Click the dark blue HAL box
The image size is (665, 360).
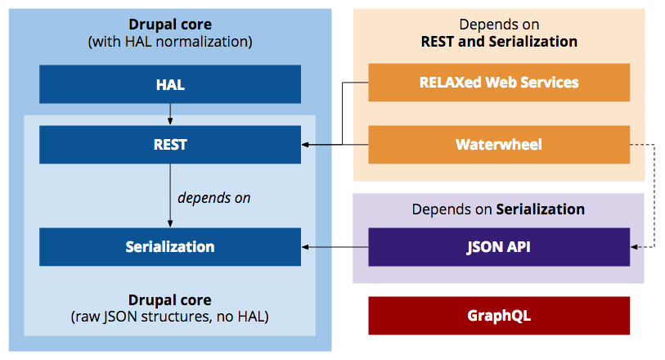tap(170, 83)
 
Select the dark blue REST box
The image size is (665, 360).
tap(170, 145)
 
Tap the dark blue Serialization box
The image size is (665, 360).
tap(170, 246)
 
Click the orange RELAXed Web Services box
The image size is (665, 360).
tap(499, 82)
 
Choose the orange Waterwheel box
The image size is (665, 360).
tap(499, 145)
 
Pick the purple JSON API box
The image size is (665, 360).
tap(499, 246)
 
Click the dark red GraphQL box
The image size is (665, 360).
tap(499, 315)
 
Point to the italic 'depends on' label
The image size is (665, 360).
tap(213, 198)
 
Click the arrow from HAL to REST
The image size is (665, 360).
tap(170, 112)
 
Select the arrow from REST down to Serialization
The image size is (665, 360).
tap(170, 195)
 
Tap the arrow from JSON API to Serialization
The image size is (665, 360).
tap(335, 246)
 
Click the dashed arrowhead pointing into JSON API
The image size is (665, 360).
tap(635, 246)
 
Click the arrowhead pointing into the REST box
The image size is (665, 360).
tap(306, 146)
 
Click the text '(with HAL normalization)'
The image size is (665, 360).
tap(170, 41)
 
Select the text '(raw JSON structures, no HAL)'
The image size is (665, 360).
tap(170, 316)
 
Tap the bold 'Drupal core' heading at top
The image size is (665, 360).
tap(170, 25)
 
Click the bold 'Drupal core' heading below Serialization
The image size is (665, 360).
tap(170, 299)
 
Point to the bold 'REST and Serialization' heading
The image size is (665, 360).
tap(499, 42)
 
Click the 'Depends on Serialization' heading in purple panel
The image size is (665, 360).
tap(498, 209)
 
